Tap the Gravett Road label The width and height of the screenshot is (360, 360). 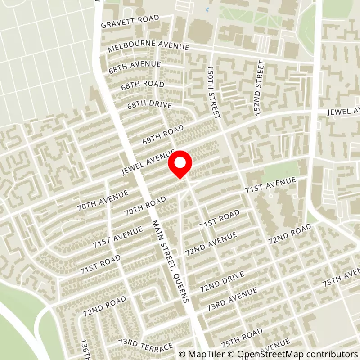[x=130, y=21]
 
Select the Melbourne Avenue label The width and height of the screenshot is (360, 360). [x=148, y=45]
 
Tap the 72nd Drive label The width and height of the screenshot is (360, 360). [x=222, y=281]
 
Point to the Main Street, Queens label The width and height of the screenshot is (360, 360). [x=171, y=261]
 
